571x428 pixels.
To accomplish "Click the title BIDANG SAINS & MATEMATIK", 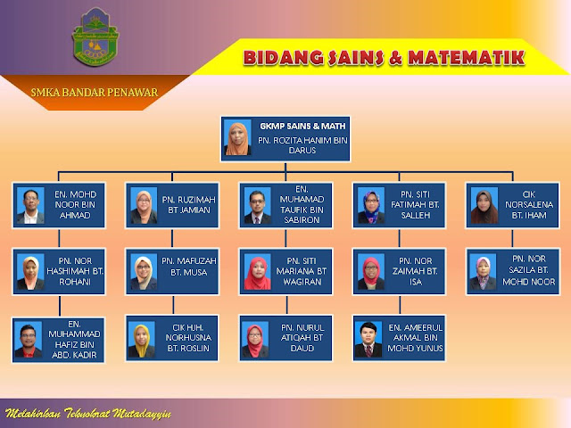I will pos(384,59).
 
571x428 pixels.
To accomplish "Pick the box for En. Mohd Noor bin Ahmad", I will pos(60,205).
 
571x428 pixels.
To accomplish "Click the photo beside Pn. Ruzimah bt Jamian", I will pos(143,206).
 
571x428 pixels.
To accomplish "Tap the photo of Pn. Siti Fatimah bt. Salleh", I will pos(370,206).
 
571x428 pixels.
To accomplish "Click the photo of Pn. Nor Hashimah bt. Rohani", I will pos(29,272).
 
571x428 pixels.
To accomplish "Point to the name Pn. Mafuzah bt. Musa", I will pos(188,266).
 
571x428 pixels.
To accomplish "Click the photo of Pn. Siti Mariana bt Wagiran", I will pos(257,272).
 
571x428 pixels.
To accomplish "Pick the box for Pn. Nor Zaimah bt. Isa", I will pos(398,271).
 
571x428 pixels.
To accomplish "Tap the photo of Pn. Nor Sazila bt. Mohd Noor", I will pos(484,272).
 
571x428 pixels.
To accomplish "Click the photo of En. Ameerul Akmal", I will pos(369,339).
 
